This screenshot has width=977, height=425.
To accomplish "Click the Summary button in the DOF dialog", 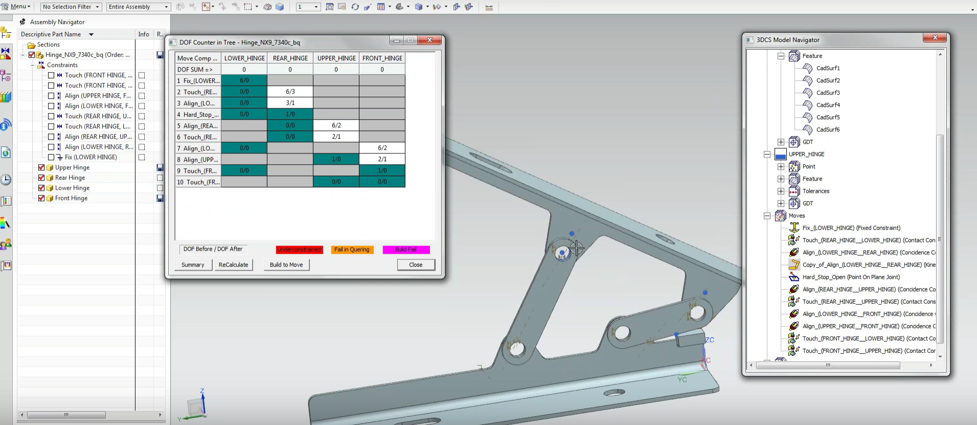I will pos(193,265).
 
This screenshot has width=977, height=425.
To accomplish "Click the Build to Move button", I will pos(286,265).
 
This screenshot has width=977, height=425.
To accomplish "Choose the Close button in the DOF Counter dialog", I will pos(416,265).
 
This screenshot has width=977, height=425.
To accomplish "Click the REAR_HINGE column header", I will pos(290,58).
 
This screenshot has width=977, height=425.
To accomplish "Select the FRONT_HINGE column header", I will pos(382,58).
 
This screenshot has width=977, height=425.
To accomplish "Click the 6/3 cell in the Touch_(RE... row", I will pos(290,92).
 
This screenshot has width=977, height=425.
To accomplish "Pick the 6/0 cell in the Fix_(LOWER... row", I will pos(244,80).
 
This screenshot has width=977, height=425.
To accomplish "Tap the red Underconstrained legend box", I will pos(299,250).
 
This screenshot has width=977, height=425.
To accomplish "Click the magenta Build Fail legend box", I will pos(406,250).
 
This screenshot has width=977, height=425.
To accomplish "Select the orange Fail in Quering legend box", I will pos(352,250).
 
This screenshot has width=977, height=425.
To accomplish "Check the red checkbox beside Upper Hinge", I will pos(41,167).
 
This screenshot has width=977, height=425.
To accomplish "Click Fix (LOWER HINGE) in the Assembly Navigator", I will pos(90,157).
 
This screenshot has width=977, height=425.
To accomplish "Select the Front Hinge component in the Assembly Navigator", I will pos(71,198).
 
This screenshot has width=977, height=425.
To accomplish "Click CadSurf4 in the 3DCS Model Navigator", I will pos(828,105).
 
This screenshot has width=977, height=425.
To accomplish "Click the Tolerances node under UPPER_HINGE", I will pos(815,191).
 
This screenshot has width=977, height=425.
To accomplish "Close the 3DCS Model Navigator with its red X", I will pos(935,38).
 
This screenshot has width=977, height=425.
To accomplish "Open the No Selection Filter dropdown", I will pos(71,7).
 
